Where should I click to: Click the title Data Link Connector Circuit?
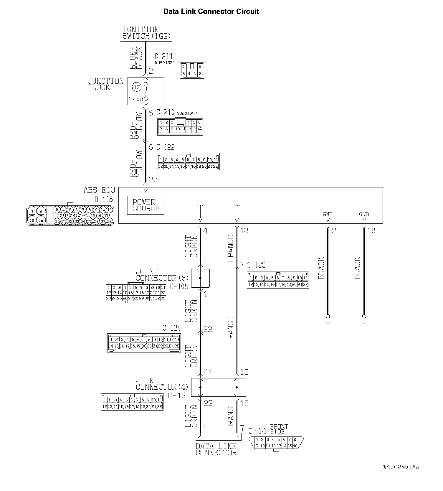(211, 11)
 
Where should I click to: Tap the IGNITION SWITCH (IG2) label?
(146, 33)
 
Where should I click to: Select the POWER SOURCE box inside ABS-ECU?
(146, 205)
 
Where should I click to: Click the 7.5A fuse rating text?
(136, 99)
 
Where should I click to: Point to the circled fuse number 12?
(137, 87)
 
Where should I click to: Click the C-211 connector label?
(163, 56)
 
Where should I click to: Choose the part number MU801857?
(187, 113)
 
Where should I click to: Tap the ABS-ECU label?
(99, 190)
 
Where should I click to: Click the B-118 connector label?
(103, 199)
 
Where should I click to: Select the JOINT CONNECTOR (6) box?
(200, 278)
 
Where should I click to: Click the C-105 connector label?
(179, 286)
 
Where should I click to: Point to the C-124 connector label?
(171, 328)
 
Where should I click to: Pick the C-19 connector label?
(176, 396)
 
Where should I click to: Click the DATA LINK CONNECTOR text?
(216, 450)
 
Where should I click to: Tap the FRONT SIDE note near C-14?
(279, 429)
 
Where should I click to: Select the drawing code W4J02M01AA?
(401, 467)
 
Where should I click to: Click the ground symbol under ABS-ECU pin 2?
(328, 319)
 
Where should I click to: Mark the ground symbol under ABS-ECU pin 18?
(364, 319)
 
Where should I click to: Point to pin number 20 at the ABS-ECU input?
(153, 179)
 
